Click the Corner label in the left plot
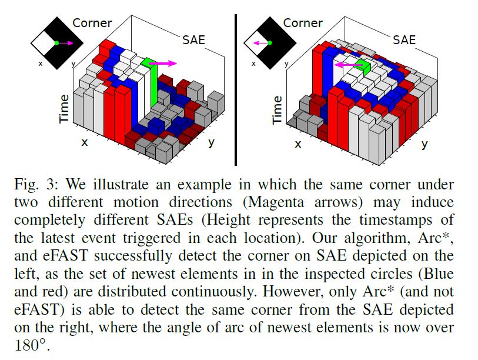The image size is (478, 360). pos(92,23)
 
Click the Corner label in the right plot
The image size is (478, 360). pos(303,23)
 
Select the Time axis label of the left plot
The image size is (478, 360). pos(63,109)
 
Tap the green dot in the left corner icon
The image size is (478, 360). pos(56,43)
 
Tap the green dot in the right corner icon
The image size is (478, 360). pos(268,43)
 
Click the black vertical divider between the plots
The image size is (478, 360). pos(235,88)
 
